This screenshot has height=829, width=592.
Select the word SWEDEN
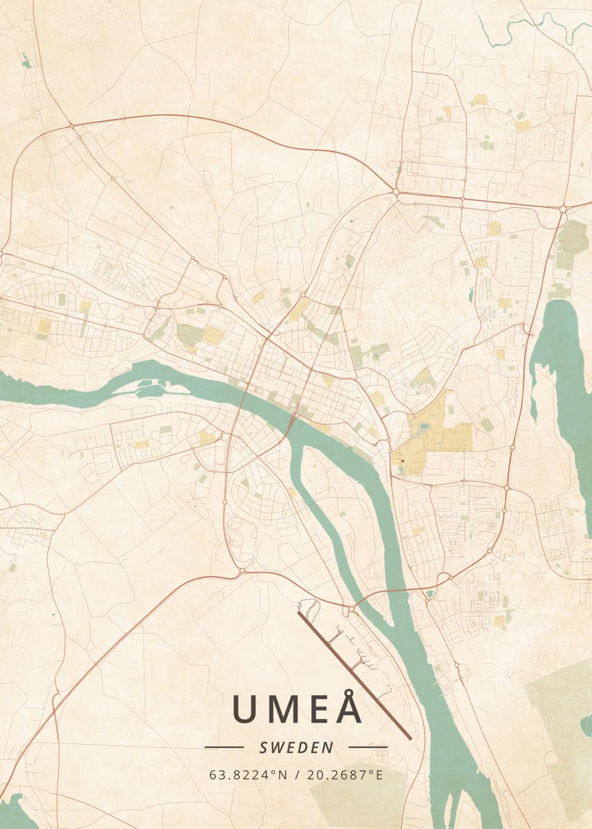click(x=296, y=747)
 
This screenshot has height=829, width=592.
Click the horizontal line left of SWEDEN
click(x=224, y=747)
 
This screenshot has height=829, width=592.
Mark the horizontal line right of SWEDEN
click(x=367, y=747)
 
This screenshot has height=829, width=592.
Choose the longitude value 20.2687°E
click(x=343, y=775)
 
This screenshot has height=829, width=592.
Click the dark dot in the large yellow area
click(x=402, y=460)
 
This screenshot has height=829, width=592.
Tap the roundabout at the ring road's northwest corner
click(x=71, y=126)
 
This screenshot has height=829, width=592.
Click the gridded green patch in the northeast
click(x=572, y=238)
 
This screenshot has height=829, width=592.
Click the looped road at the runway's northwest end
click(x=309, y=608)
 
